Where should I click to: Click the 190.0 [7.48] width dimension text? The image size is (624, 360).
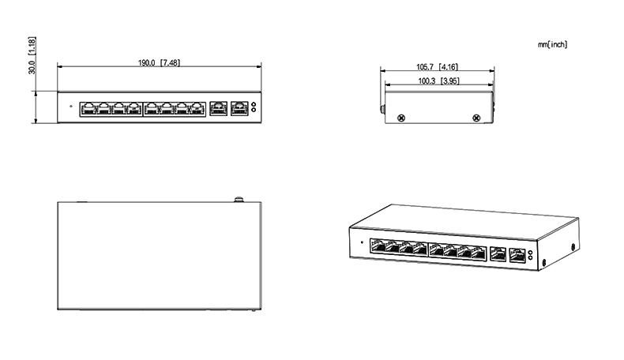pyautogui.click(x=159, y=62)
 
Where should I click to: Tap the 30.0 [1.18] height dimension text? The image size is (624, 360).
pyautogui.click(x=31, y=54)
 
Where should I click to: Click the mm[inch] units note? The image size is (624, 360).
pyautogui.click(x=552, y=44)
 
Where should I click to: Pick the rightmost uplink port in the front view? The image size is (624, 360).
pyautogui.click(x=238, y=107)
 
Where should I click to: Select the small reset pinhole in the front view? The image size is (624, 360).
pyautogui.click(x=70, y=106)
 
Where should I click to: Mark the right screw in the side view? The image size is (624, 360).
pyautogui.click(x=475, y=118)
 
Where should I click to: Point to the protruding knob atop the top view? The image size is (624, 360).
pyautogui.click(x=236, y=198)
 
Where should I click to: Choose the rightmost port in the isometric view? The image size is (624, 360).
pyautogui.click(x=518, y=254)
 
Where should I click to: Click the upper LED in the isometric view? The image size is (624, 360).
pyautogui.click(x=531, y=253)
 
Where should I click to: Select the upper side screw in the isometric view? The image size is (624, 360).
pyautogui.click(x=572, y=246)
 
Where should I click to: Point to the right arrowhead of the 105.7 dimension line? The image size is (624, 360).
pyautogui.click(x=494, y=71)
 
